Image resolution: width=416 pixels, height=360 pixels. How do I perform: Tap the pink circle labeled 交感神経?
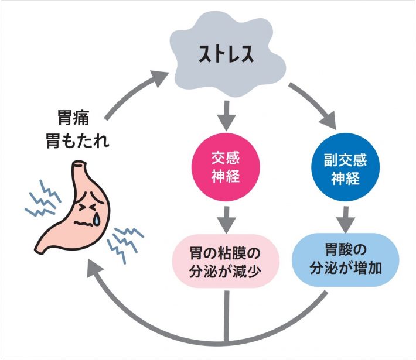click(225, 167)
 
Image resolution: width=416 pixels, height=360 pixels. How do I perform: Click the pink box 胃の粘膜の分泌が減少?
click(225, 261)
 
